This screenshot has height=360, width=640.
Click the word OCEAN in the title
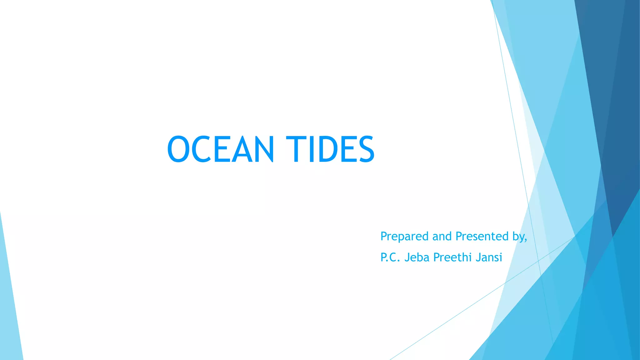[221, 149]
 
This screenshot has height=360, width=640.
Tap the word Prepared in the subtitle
[404, 237]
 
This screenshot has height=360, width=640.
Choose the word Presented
[482, 237]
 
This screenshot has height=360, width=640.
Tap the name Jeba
[417, 257]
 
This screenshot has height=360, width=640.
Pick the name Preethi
[453, 257]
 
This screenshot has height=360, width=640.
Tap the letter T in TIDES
[297, 149]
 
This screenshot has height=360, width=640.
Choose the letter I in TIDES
[311, 149]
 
